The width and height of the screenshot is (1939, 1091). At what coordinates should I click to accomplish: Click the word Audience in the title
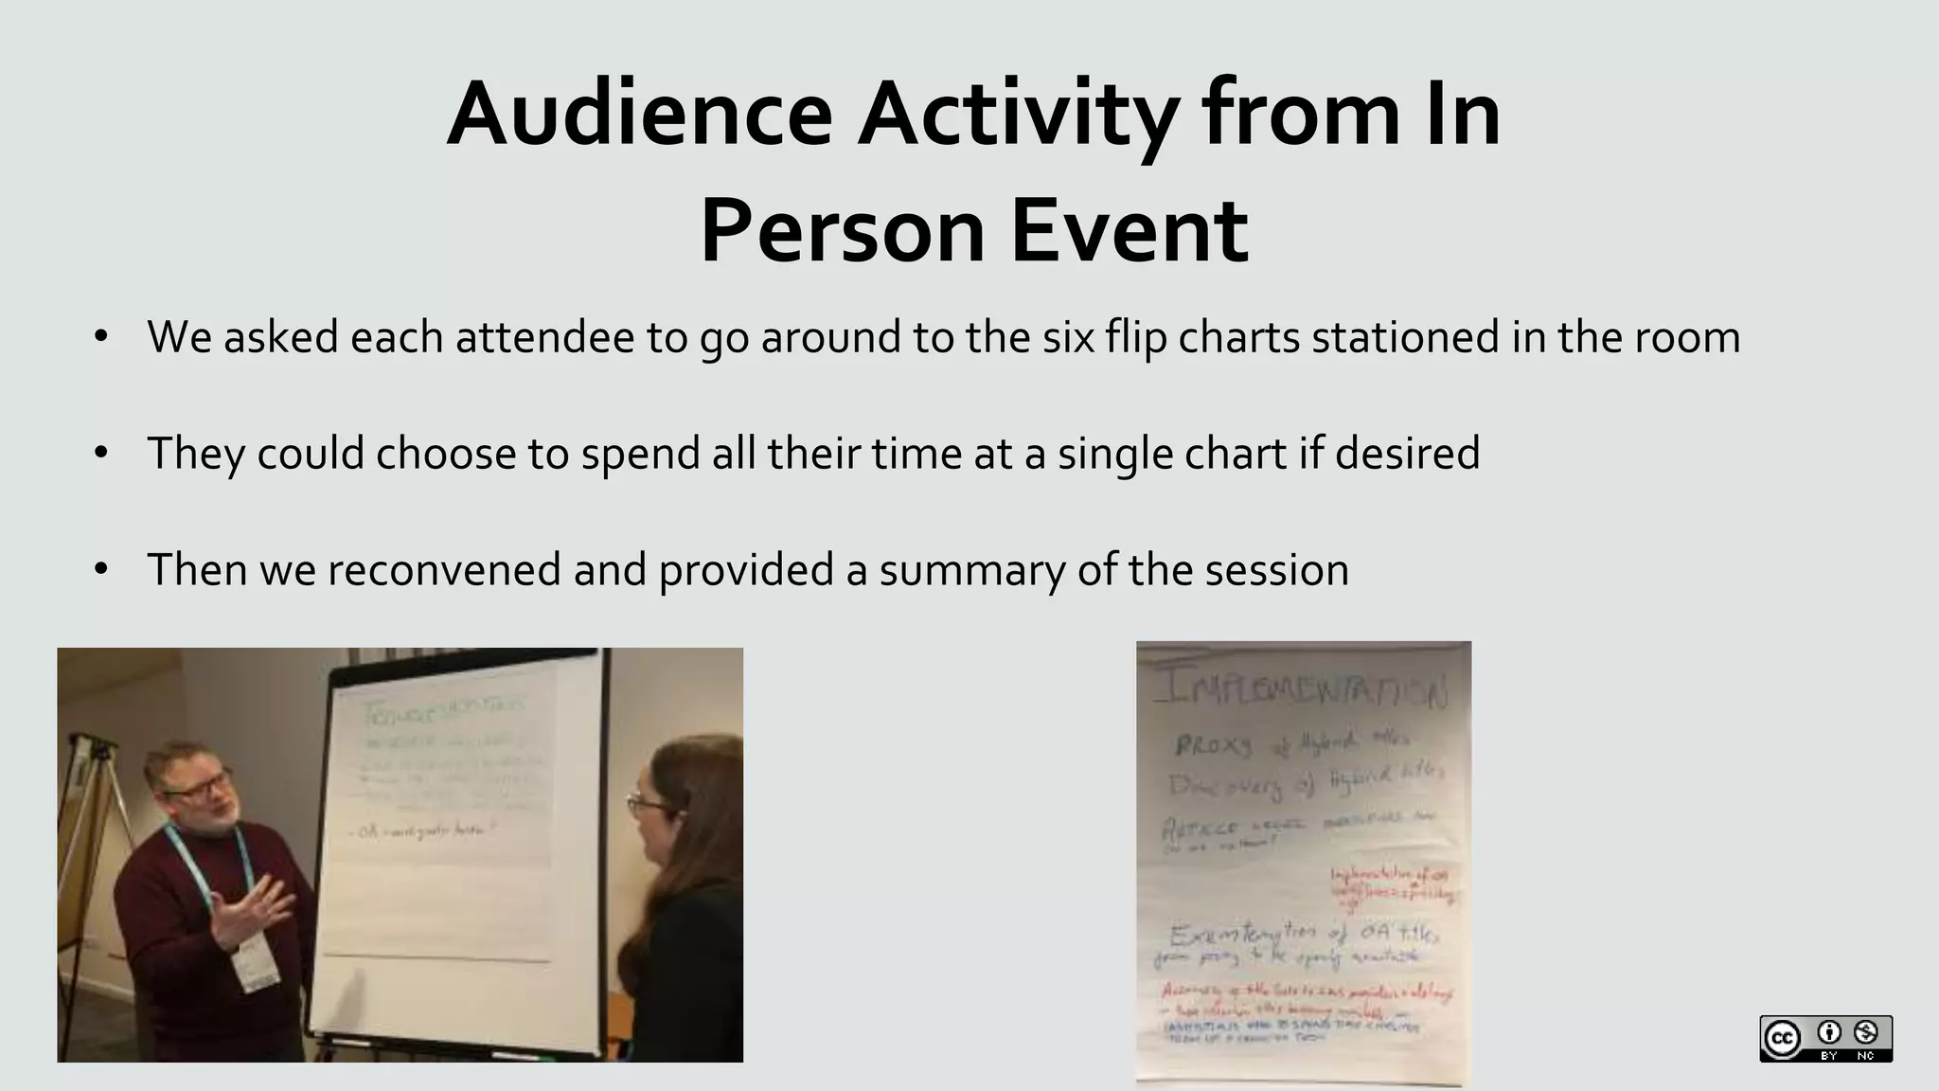click(639, 116)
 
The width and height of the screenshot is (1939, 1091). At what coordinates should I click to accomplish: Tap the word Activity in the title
click(1018, 116)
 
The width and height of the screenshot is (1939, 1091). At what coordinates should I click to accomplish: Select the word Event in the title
click(1130, 231)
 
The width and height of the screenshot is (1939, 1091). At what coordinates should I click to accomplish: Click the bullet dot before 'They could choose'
click(101, 453)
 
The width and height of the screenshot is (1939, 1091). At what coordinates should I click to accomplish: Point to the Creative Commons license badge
click(1825, 1038)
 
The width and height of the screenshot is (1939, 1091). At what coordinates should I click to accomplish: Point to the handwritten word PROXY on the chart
click(1213, 745)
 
